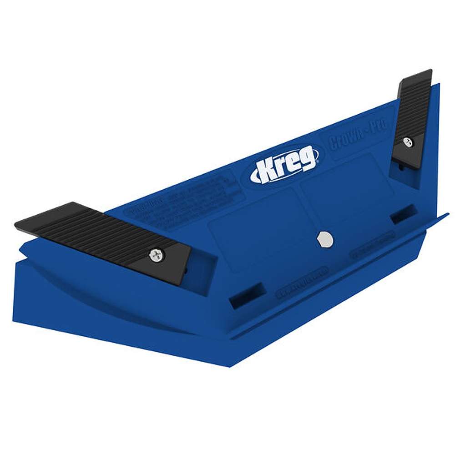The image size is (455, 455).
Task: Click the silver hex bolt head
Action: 325,239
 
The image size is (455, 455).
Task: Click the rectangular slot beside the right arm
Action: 403,213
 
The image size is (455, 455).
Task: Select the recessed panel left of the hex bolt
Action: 259,237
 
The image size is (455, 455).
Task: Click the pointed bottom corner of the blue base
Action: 229,367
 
